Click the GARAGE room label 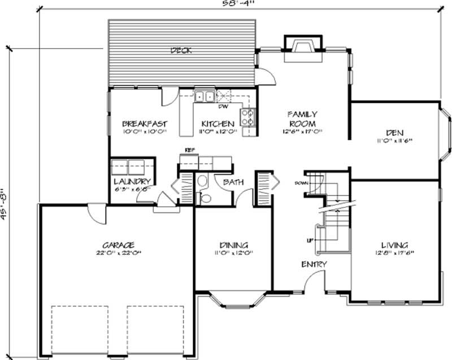click(x=118, y=245)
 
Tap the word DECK click(x=181, y=50)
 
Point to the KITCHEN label click(x=218, y=124)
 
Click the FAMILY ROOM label click(x=302, y=118)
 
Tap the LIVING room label click(x=394, y=245)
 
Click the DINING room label click(x=233, y=245)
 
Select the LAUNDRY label click(x=132, y=181)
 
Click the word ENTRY click(x=314, y=264)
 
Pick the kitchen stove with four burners click(x=247, y=116)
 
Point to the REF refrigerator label click(x=190, y=150)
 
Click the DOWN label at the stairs click(x=300, y=184)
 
